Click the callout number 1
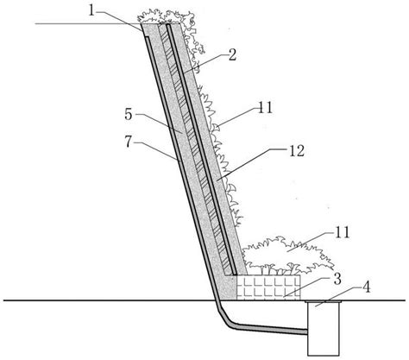[x=91, y=11]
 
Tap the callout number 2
[x=232, y=54]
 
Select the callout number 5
[x=129, y=115]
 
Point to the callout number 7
[x=129, y=142]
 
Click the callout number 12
[x=297, y=150]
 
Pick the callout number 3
[x=337, y=279]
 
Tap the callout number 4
[x=366, y=287]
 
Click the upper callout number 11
[x=265, y=108]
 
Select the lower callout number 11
[x=342, y=232]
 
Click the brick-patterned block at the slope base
[x=268, y=287]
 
